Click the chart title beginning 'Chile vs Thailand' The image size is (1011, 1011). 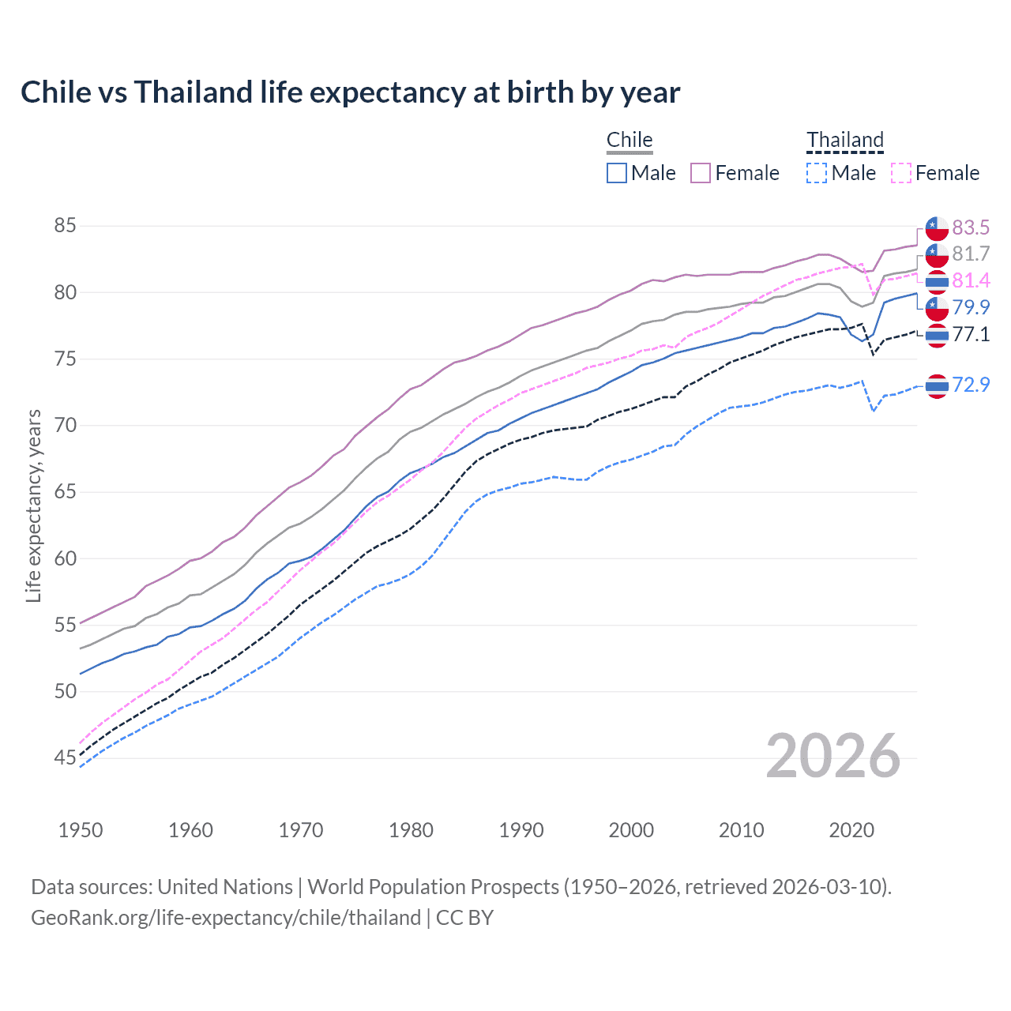[x=350, y=92]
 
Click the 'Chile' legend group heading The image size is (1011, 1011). [x=630, y=140]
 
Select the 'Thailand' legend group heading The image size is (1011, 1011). [x=844, y=140]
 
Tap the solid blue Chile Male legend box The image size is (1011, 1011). [x=617, y=173]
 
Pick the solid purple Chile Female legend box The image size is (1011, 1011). [x=701, y=173]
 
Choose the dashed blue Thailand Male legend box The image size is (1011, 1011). [x=817, y=173]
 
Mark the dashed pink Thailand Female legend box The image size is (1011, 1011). [x=900, y=173]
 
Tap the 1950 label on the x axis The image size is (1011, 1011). [x=81, y=830]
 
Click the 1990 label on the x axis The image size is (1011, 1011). [x=521, y=830]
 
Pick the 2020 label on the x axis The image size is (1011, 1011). [x=851, y=830]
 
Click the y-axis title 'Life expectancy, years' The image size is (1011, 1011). [x=33, y=505]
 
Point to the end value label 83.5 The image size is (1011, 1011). [x=971, y=227]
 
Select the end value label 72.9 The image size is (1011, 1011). [x=971, y=385]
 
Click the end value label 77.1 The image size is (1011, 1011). [x=971, y=334]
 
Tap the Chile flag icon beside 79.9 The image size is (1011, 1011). [x=937, y=308]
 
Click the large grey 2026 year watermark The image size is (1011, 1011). [x=833, y=756]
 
